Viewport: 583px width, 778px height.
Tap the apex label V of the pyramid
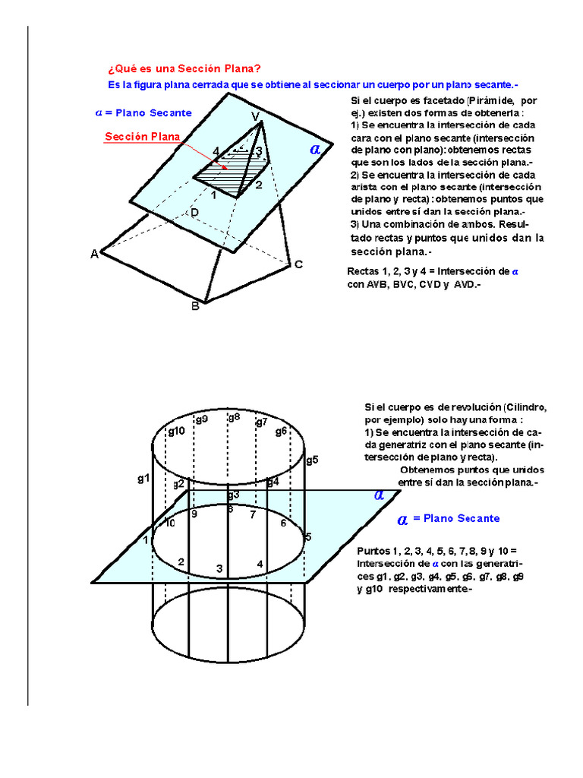(x=257, y=116)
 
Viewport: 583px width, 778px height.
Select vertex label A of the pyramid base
(x=95, y=254)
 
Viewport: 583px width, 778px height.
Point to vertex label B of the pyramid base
(x=195, y=306)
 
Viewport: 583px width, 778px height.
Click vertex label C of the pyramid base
(x=298, y=264)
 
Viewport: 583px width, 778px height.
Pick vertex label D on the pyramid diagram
(x=194, y=213)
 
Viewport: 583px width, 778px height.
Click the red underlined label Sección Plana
(x=142, y=137)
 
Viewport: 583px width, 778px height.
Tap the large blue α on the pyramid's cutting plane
(x=315, y=150)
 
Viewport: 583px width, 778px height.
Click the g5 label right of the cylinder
(x=311, y=460)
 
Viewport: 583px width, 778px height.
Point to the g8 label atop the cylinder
(x=234, y=416)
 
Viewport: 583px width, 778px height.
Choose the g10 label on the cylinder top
(x=176, y=431)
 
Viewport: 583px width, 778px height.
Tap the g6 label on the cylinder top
(x=281, y=431)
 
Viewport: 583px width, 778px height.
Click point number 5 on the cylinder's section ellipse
(x=308, y=537)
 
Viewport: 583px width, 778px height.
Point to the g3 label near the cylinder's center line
(x=233, y=495)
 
